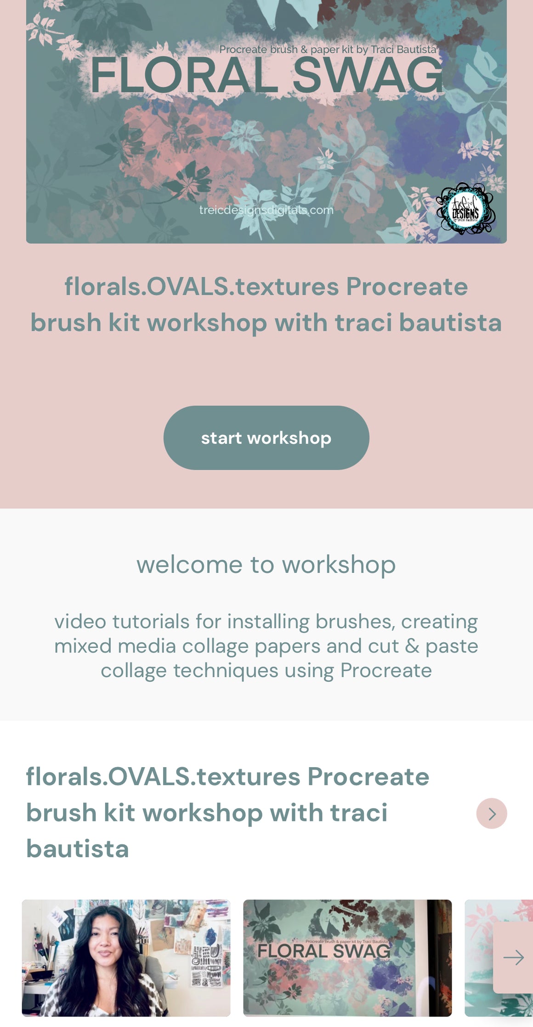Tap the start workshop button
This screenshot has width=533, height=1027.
click(266, 438)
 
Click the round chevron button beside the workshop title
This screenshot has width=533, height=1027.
click(491, 813)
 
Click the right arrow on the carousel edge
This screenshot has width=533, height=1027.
click(513, 957)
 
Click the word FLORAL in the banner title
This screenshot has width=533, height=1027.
click(184, 76)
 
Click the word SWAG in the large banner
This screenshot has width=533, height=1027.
click(368, 76)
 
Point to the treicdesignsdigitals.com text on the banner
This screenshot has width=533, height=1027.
click(266, 210)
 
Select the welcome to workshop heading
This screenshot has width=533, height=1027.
click(266, 564)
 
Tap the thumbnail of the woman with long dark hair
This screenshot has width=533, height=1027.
click(126, 958)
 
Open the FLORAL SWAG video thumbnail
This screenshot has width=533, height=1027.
click(347, 958)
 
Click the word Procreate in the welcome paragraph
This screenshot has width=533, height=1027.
click(386, 670)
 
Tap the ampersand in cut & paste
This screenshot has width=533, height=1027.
click(412, 646)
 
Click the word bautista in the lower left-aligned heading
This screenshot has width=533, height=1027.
click(77, 848)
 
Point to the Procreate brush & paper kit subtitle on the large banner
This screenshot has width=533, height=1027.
click(327, 50)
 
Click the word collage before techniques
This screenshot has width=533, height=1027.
click(133, 670)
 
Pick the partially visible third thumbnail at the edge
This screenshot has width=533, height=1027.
click(478, 958)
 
